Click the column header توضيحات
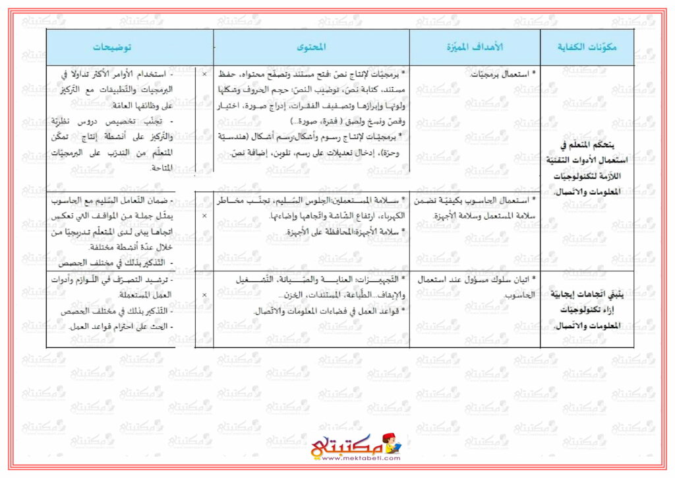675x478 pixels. point(111,48)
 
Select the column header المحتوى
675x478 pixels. point(311,48)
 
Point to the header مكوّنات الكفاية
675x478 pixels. point(587,48)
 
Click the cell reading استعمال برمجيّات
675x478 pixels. point(500,75)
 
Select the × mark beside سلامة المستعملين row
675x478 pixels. point(204,234)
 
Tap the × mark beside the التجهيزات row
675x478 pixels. point(204,294)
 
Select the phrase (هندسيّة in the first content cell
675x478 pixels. point(238,138)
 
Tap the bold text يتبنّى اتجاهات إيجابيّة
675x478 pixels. point(587,294)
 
